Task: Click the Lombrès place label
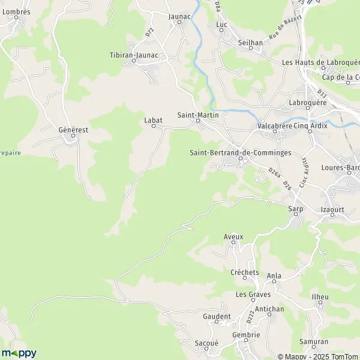[x=16, y=11]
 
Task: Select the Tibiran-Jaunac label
[x=134, y=55]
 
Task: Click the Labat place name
[x=153, y=119]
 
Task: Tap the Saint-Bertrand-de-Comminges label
[x=240, y=152]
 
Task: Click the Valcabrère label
[x=274, y=126]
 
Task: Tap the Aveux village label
[x=233, y=236]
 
